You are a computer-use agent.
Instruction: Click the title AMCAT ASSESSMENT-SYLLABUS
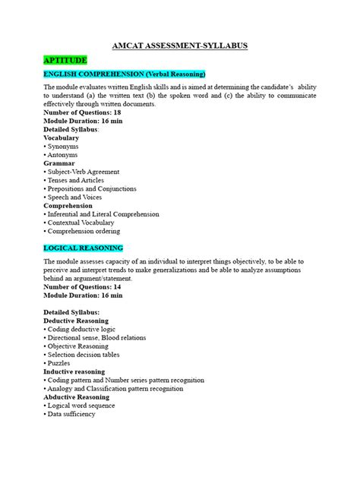click(179, 46)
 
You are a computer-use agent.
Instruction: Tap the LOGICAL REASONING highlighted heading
click(83, 248)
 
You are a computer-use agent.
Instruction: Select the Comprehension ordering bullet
click(84, 231)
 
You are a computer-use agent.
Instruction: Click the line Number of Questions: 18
click(84, 112)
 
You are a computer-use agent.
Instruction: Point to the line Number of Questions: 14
click(84, 287)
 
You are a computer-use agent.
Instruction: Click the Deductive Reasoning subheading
click(76, 321)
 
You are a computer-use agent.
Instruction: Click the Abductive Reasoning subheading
click(77, 397)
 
